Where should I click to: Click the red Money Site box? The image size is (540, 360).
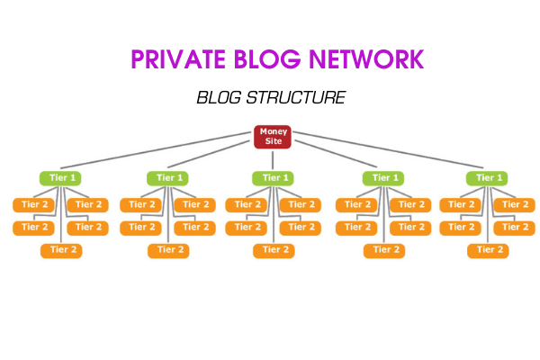(x=274, y=137)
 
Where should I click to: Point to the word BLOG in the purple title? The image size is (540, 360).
(x=267, y=59)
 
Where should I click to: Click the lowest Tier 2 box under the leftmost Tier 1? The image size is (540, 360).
(x=61, y=250)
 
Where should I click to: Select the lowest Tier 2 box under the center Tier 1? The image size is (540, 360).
(x=274, y=250)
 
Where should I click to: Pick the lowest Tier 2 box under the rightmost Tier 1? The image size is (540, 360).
(x=487, y=250)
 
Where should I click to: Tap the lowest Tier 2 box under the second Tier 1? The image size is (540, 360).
(x=167, y=250)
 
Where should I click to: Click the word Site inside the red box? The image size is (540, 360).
(x=274, y=142)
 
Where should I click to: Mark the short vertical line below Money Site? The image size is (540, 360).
(x=274, y=161)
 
